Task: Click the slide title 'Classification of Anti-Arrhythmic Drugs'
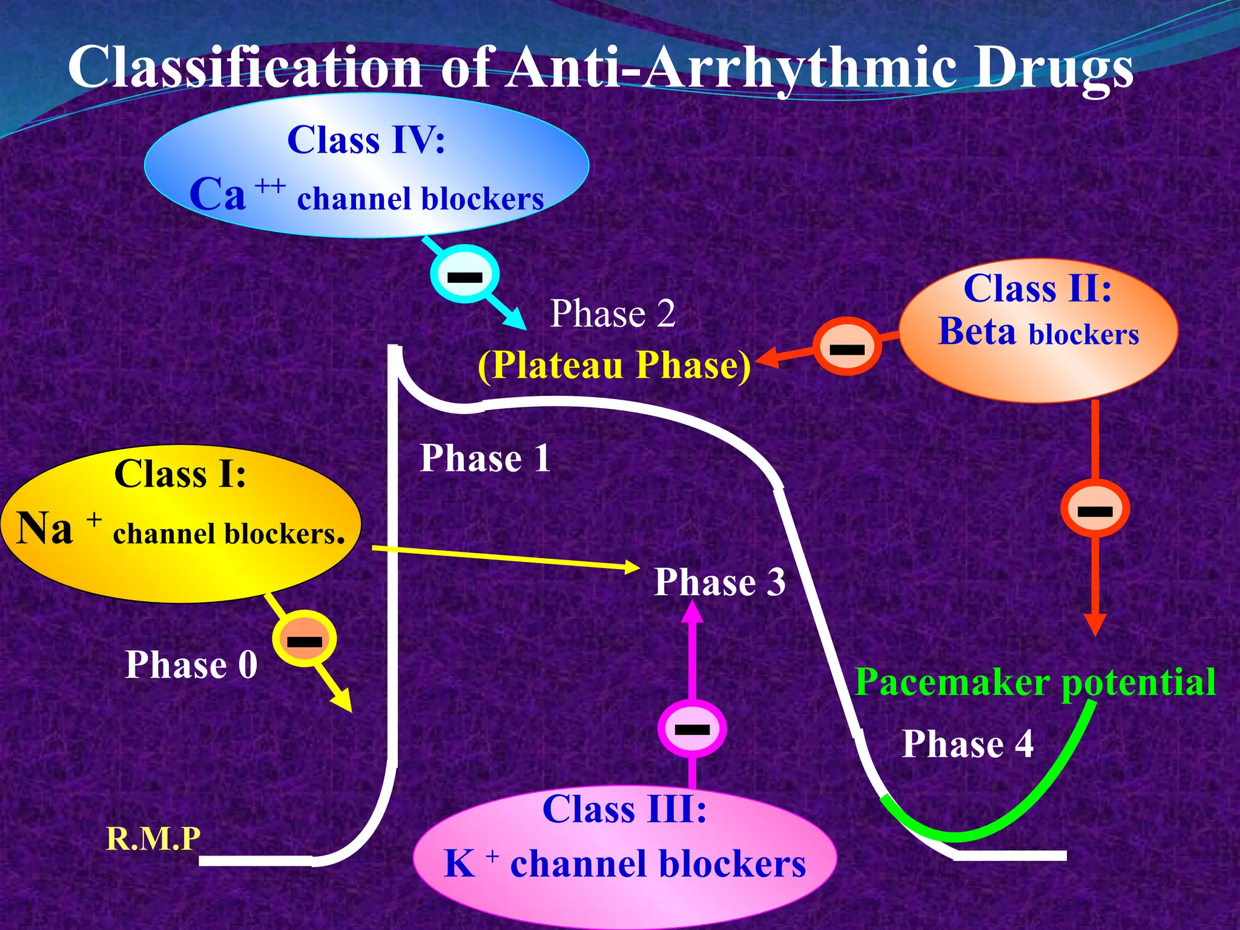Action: coord(599,68)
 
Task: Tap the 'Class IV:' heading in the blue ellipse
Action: coord(366,140)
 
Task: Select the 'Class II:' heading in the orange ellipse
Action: coord(1038,288)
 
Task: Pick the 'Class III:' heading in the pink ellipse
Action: coord(624,809)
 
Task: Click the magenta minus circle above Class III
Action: coord(692,728)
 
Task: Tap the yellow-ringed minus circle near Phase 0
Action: coord(305,640)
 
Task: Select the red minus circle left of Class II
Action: coord(847,348)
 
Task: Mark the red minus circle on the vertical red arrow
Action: coord(1095,509)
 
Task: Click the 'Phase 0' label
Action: coord(191,665)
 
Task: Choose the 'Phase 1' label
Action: coord(485,458)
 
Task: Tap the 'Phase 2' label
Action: coord(612,314)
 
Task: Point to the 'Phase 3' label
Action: coord(720,582)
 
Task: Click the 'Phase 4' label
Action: coord(968,744)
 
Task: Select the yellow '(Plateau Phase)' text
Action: coord(614,366)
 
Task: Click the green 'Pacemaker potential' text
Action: coord(1035,682)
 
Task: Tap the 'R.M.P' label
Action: coord(153,839)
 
